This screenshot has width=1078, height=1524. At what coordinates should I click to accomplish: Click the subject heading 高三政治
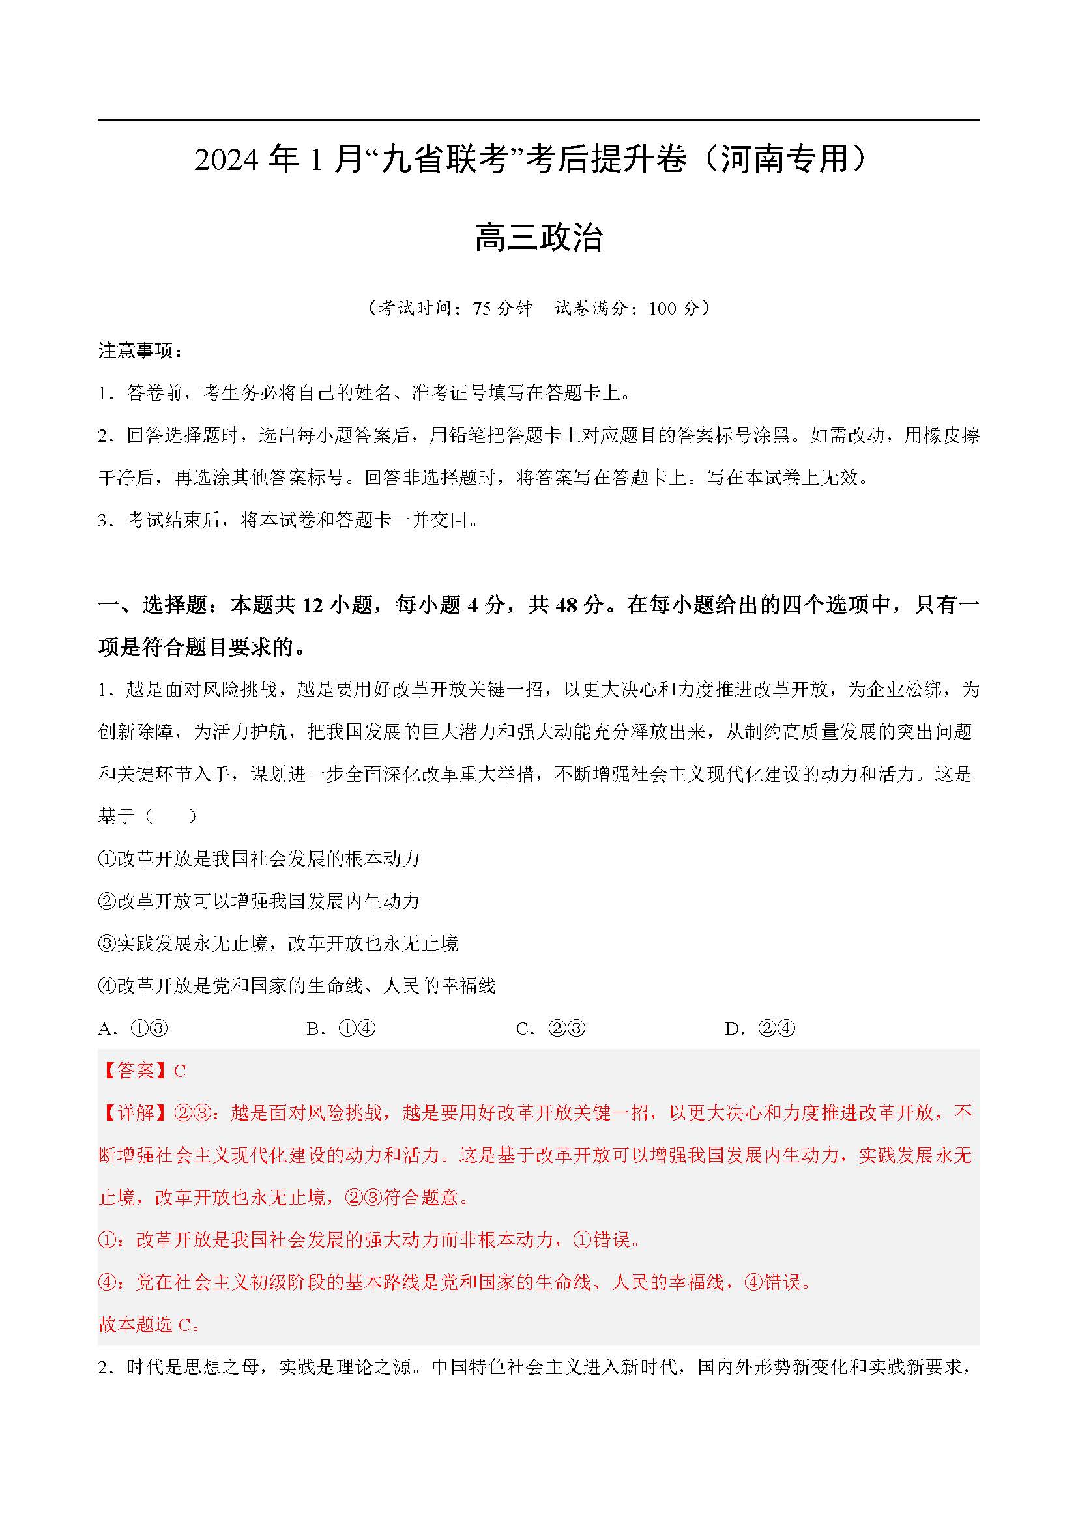coord(538,238)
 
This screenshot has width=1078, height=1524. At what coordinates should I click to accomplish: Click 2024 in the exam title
coord(226,161)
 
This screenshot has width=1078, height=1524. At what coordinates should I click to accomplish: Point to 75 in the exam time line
coord(482,309)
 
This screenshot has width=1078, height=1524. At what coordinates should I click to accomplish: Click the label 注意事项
coord(136,351)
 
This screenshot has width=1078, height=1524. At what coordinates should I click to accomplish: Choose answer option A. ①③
coord(134,1029)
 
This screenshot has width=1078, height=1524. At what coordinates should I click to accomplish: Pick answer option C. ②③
coord(551,1029)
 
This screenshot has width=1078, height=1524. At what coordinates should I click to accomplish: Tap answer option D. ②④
coord(761,1029)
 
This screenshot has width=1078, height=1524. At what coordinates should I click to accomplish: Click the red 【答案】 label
coord(136,1071)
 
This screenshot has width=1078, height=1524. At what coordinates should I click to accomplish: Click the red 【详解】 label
coord(136,1113)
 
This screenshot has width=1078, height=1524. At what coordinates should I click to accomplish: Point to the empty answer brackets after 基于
coord(170,816)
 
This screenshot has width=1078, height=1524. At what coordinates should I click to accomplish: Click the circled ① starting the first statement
coord(107,859)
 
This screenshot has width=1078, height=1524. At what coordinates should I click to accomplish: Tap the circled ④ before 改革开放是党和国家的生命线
coord(107,986)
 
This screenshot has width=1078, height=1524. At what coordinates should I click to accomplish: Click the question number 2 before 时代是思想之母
coord(103,1368)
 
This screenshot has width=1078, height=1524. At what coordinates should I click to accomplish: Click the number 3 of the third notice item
coord(103,521)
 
